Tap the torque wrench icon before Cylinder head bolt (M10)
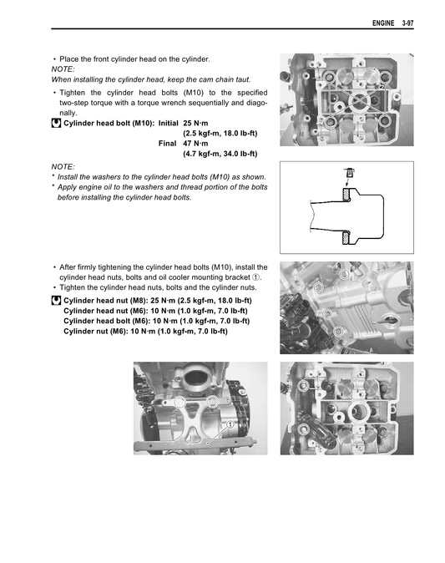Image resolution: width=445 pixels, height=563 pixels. (56, 123)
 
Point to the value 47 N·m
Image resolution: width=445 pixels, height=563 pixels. (199, 143)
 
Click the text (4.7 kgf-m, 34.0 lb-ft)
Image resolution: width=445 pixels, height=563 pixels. (220, 154)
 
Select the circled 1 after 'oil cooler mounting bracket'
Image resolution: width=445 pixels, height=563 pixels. (256, 277)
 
